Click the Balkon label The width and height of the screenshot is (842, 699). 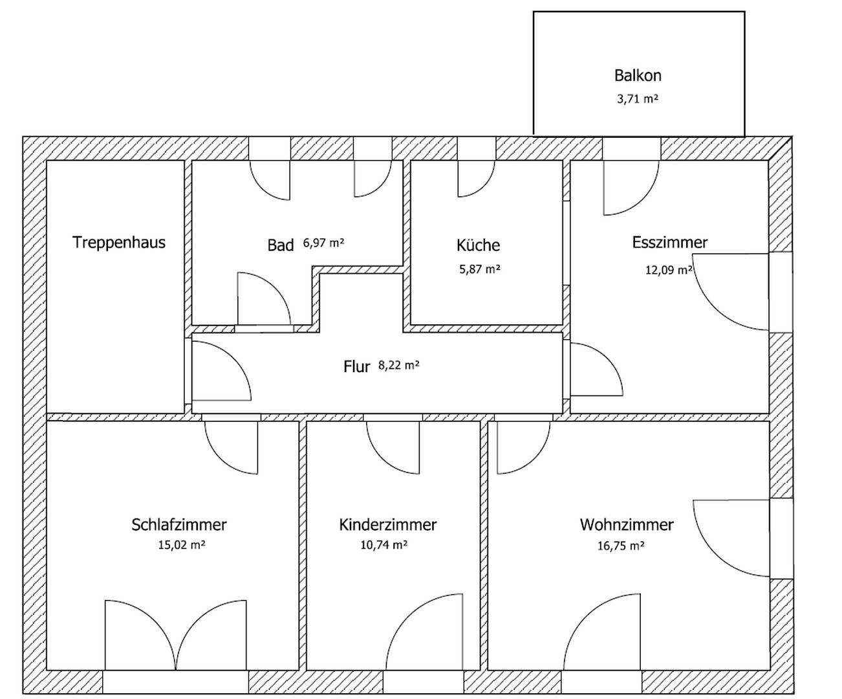pyautogui.click(x=638, y=76)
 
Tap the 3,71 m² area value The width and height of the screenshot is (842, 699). pyautogui.click(x=638, y=98)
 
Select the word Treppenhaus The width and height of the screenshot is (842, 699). pyautogui.click(x=119, y=242)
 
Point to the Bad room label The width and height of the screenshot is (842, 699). pyautogui.click(x=280, y=245)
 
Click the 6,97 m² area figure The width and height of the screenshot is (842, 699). pyautogui.click(x=323, y=243)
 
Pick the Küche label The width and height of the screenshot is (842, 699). pyautogui.click(x=478, y=245)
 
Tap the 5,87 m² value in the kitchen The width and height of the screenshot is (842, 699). pyautogui.click(x=480, y=269)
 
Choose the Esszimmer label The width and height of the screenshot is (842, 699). pyautogui.click(x=670, y=242)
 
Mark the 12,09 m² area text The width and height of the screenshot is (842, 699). pyautogui.click(x=669, y=270)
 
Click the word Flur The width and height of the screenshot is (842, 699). pyautogui.click(x=356, y=366)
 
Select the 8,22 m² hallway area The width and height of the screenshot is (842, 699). pyautogui.click(x=399, y=365)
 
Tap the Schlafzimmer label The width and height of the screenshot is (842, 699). pyautogui.click(x=179, y=525)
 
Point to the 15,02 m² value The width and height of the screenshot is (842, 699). pyautogui.click(x=182, y=545)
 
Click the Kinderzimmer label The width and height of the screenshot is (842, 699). pyautogui.click(x=387, y=525)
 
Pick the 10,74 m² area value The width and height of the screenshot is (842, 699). pyautogui.click(x=384, y=545)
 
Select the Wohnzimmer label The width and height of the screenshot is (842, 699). pyautogui.click(x=627, y=525)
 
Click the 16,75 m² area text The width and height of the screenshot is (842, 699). pyautogui.click(x=621, y=546)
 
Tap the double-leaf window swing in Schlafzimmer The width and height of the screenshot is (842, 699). pyautogui.click(x=176, y=635)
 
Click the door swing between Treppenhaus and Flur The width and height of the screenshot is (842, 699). pyautogui.click(x=221, y=372)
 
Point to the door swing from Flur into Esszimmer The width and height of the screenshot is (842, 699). pyautogui.click(x=596, y=369)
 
